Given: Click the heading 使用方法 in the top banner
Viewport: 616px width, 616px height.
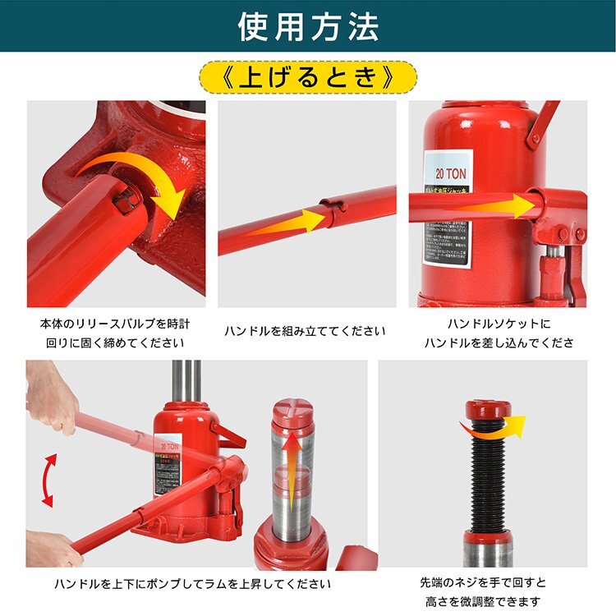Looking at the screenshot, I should (308, 26).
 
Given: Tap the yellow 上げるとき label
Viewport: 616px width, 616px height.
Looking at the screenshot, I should (307, 78).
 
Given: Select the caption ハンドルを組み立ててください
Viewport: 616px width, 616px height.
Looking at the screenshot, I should (305, 331).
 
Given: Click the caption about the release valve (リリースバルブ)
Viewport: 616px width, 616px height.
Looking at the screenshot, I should (113, 333).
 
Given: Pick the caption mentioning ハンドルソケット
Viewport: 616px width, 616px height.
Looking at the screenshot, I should (499, 333).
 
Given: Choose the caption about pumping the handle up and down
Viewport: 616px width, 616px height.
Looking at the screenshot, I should (193, 584).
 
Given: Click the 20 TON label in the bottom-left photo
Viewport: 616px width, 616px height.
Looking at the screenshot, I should (173, 439).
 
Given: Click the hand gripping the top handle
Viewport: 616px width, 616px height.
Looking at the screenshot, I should (51, 398).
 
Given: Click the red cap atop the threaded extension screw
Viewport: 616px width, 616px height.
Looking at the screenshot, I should (488, 408).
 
